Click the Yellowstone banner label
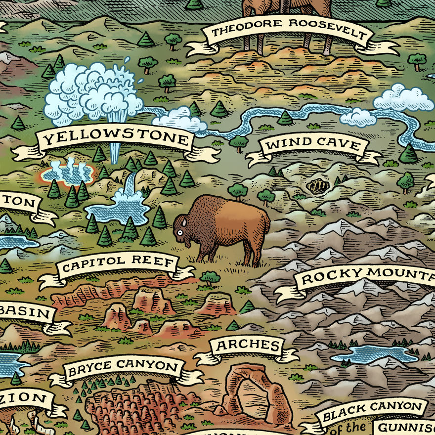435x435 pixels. click(x=116, y=140)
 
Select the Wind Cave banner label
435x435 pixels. click(x=313, y=145)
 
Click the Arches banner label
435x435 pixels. click(x=247, y=345)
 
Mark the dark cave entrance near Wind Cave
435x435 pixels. click(x=318, y=186)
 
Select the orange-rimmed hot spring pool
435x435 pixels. click(x=68, y=172)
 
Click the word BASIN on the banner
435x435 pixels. click(x=25, y=313)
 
